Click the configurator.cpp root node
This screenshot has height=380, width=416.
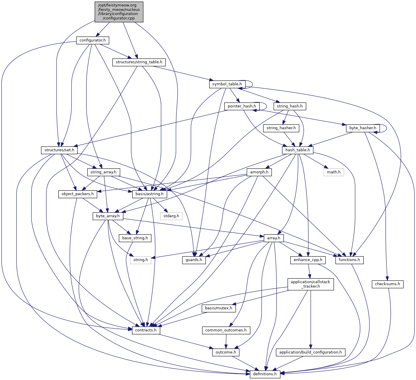(119, 12)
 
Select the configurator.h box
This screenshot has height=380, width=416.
(93, 40)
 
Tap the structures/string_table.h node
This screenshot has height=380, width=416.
(139, 62)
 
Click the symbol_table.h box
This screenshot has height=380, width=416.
(227, 84)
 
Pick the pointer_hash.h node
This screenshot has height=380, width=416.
(242, 106)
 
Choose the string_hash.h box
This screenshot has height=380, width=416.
(290, 106)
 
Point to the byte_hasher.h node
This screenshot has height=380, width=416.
(363, 128)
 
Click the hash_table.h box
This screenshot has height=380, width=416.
(298, 150)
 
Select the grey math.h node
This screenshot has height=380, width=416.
(334, 172)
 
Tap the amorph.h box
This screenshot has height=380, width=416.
(259, 172)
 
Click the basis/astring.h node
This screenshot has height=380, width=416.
(150, 194)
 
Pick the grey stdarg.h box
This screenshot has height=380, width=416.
(171, 216)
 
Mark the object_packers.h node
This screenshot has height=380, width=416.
(77, 194)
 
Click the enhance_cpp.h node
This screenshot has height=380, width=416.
(308, 260)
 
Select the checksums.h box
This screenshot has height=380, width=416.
(387, 284)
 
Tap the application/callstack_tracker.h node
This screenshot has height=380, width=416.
(311, 284)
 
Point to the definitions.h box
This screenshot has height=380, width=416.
(265, 374)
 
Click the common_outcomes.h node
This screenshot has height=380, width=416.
(226, 330)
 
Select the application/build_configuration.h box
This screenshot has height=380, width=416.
(311, 352)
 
